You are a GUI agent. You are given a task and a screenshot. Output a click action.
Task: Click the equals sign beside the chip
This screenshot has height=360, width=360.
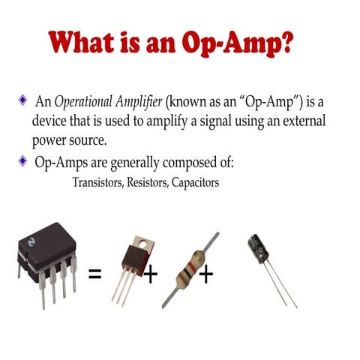tap(95, 273)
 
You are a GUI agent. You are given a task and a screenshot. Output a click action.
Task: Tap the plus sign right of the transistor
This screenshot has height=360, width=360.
tap(151, 274)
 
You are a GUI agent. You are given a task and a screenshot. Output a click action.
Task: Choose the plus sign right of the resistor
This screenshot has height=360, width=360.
tap(205, 274)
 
